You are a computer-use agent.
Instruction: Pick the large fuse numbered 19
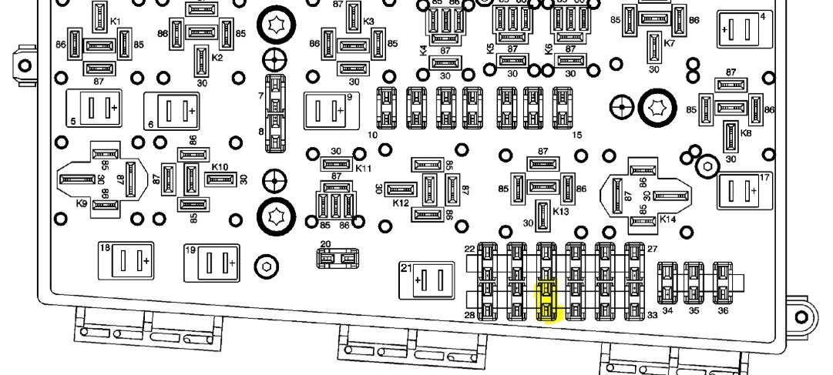[x=210, y=263]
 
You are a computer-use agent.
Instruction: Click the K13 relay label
[x=561, y=211]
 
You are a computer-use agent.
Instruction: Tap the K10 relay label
[x=220, y=167]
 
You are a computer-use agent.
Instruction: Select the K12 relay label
[x=400, y=203]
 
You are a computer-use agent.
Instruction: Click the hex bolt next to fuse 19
[x=266, y=266]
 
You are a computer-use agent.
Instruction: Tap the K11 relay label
[x=364, y=168]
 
